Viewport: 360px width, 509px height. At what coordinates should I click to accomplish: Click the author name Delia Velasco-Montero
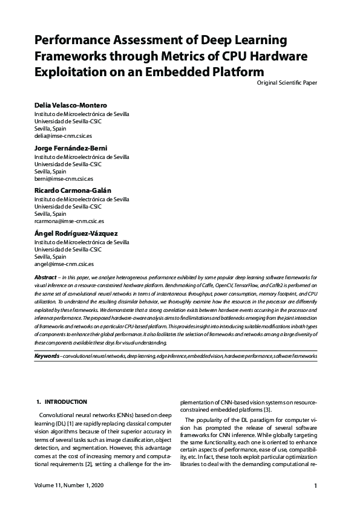click(70, 105)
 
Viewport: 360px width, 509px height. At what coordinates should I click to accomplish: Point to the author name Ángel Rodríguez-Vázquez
click(76, 233)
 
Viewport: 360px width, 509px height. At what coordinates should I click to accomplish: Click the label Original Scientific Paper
click(287, 82)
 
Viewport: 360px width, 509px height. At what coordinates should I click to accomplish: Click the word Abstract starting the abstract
click(45, 276)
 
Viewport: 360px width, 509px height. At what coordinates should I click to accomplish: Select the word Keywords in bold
click(47, 357)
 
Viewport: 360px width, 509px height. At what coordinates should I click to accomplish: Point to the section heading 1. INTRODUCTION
click(62, 402)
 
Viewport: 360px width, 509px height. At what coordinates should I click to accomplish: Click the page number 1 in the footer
click(316, 485)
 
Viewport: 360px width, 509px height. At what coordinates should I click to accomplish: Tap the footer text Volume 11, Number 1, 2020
click(69, 485)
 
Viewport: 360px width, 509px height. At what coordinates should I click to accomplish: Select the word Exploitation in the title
click(70, 72)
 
